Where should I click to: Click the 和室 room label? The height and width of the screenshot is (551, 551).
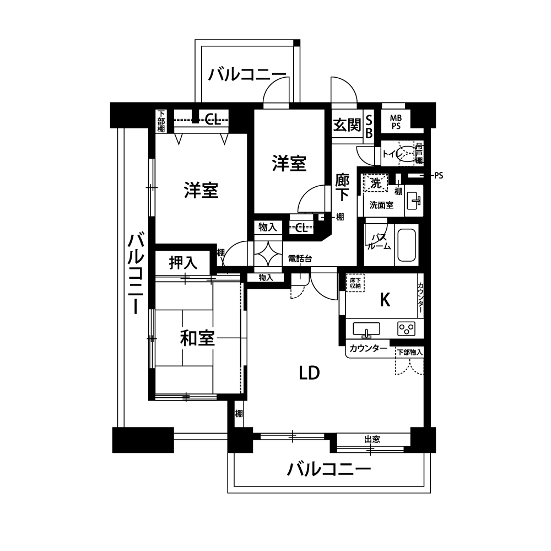pyautogui.click(x=197, y=338)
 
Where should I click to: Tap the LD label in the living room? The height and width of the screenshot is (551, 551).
pyautogui.click(x=309, y=373)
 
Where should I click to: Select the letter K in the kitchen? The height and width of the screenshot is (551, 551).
pyautogui.click(x=385, y=300)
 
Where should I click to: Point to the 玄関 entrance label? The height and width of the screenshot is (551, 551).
pyautogui.click(x=347, y=125)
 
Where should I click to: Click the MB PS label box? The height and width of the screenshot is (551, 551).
pyautogui.click(x=396, y=122)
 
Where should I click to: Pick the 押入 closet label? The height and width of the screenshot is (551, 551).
pyautogui.click(x=183, y=262)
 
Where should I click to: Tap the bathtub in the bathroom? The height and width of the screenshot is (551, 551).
pyautogui.click(x=406, y=245)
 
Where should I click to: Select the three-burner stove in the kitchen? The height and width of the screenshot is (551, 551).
pyautogui.click(x=407, y=329)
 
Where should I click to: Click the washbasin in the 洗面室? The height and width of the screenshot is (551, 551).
pyautogui.click(x=414, y=201)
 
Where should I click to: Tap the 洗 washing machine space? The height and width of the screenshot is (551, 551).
pyautogui.click(x=376, y=183)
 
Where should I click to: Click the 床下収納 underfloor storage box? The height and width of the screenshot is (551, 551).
pyautogui.click(x=355, y=283)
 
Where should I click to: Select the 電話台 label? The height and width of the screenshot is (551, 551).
pyautogui.click(x=300, y=258)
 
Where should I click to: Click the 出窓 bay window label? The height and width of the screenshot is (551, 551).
pyautogui.click(x=372, y=439)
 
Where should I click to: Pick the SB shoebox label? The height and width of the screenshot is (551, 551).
pyautogui.click(x=369, y=127)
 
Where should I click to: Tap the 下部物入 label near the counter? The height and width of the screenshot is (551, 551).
pyautogui.click(x=410, y=352)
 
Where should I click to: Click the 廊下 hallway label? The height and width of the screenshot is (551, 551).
pyautogui.click(x=342, y=188)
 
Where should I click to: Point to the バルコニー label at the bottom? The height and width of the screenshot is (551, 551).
pyautogui.click(x=329, y=469)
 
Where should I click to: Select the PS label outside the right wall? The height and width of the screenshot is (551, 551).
pyautogui.click(x=439, y=175)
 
